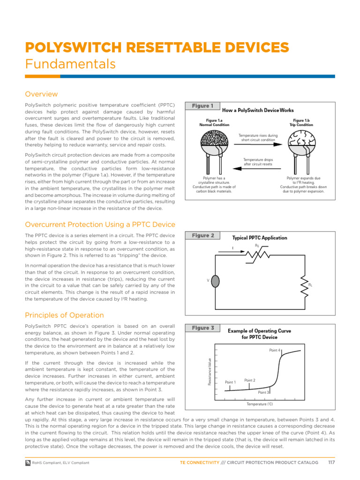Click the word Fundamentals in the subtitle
click(70, 63)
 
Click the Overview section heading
click(41, 94)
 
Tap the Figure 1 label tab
click(202, 106)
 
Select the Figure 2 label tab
click(202, 235)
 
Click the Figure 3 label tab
click(202, 328)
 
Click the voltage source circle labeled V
click(215, 280)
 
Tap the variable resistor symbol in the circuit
click(257, 254)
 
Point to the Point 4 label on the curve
click(275, 350)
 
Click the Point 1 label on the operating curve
click(230, 382)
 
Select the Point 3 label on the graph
click(263, 392)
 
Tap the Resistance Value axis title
click(209, 372)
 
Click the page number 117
click(331, 463)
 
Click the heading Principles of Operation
click(64, 315)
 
